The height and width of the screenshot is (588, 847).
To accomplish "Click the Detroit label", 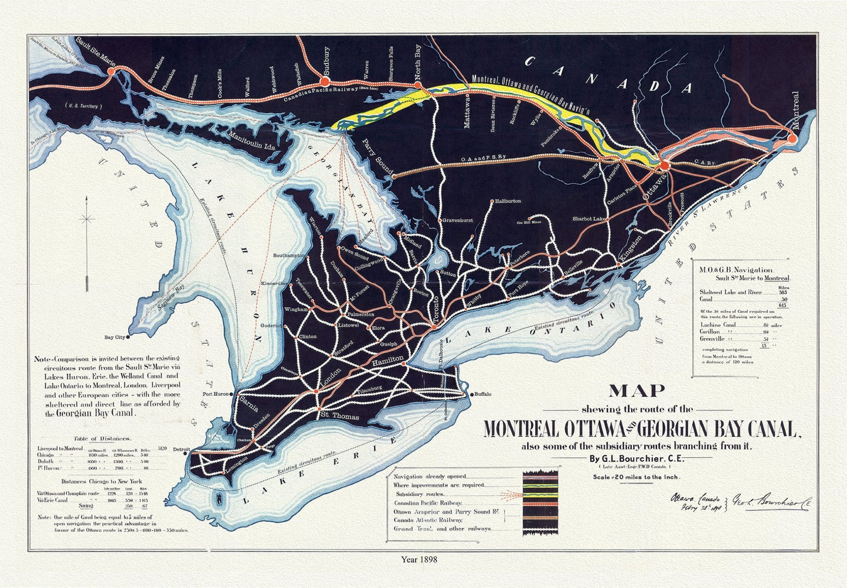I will pyautogui.click(x=181, y=450).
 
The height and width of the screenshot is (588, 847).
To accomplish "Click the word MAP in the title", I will pyautogui.click(x=637, y=391).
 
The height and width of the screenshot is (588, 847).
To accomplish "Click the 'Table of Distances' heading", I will pyautogui.click(x=102, y=439).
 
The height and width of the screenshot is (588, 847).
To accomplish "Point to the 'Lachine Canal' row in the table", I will pyautogui.click(x=718, y=324).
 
